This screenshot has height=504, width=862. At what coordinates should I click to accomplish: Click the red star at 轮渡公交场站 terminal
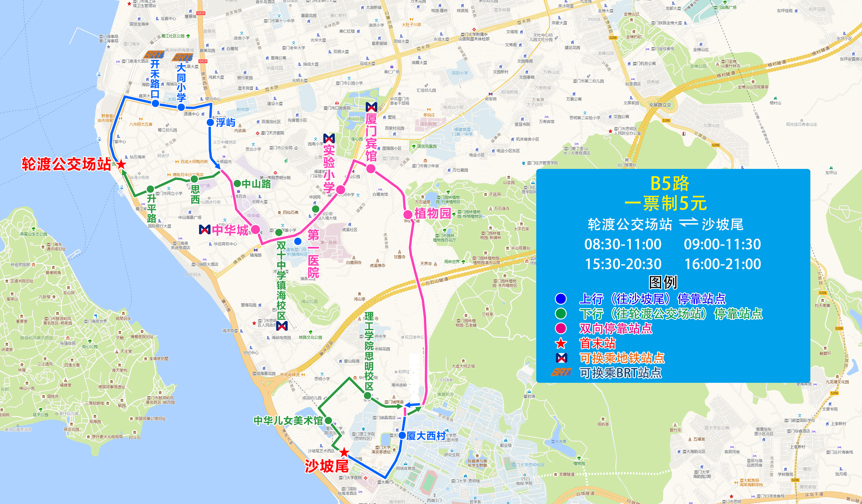pyautogui.click(x=121, y=164)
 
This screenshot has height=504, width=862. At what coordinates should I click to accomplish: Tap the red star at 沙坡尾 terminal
pyautogui.click(x=344, y=452)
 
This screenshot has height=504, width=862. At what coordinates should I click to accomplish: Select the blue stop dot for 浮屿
pyautogui.click(x=210, y=122)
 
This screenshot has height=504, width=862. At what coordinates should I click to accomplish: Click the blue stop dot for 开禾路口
pyautogui.click(x=155, y=103)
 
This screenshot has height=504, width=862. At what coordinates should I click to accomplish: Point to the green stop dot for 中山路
pyautogui.click(x=237, y=184)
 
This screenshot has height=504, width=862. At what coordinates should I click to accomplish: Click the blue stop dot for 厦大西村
pyautogui.click(x=402, y=435)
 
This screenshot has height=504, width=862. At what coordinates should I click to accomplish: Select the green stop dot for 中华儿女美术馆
pyautogui.click(x=328, y=421)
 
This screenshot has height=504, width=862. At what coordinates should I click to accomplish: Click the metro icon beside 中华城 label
pyautogui.click(x=205, y=230)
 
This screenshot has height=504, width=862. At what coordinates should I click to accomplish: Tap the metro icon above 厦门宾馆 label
pyautogui.click(x=371, y=107)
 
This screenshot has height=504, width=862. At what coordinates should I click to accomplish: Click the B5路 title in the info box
pyautogui.click(x=669, y=184)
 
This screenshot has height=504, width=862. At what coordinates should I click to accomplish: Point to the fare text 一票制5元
pyautogui.click(x=665, y=203)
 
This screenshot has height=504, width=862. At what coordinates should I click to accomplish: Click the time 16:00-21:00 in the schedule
pyautogui.click(x=723, y=264)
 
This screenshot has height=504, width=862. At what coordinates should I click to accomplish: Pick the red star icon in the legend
pyautogui.click(x=561, y=343)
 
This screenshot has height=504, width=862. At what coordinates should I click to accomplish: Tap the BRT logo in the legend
pyautogui.click(x=561, y=372)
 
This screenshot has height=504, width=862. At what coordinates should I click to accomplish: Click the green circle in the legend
pyautogui.click(x=561, y=314)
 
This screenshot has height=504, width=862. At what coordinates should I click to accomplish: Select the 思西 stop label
pyautogui.click(x=195, y=195)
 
